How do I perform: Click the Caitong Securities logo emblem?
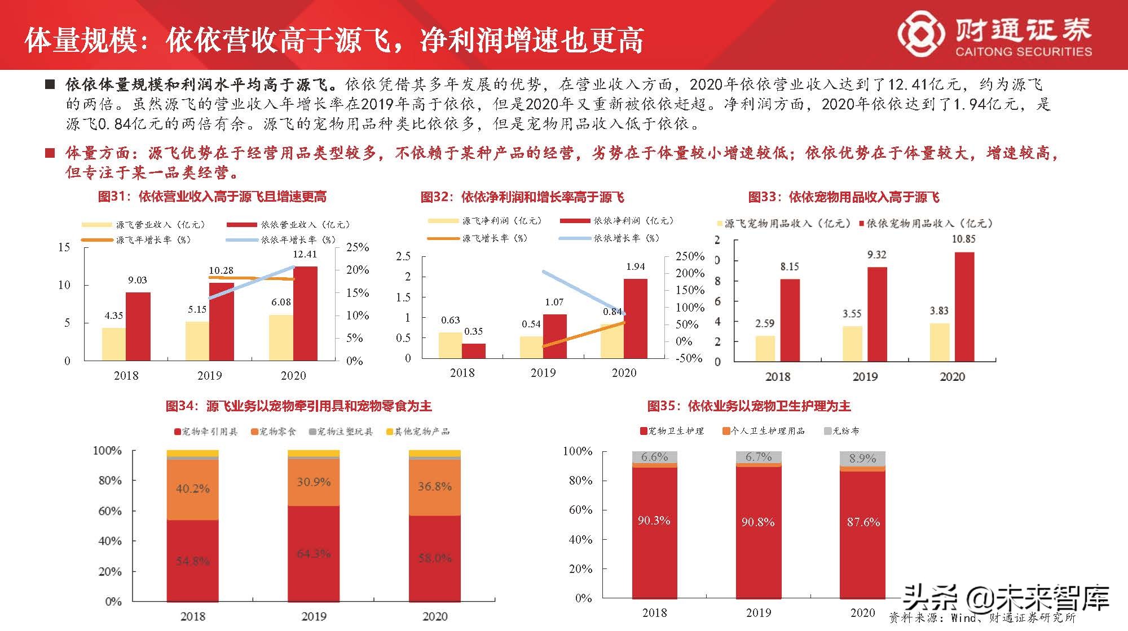point(920,35)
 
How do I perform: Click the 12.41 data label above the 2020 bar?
point(305,254)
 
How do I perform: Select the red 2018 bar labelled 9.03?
point(138,326)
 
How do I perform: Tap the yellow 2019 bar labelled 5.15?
point(197,341)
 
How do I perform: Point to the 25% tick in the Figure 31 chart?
point(358,247)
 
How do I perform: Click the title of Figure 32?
point(522,197)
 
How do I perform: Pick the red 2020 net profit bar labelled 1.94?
point(635,318)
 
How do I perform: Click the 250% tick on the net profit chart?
point(690,256)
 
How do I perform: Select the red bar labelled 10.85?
point(964,306)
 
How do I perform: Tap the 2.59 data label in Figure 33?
point(765,323)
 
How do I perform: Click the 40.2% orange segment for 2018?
point(192,489)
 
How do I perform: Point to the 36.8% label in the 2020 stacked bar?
point(434,486)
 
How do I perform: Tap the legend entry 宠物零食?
point(274,432)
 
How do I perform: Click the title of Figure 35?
point(749,406)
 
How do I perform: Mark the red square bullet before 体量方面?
point(50,153)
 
